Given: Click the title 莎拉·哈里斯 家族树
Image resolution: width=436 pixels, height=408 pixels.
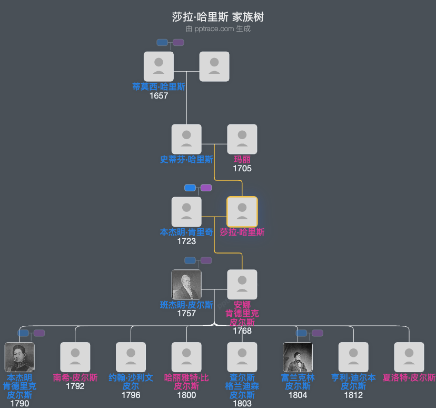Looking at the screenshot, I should click(217, 17).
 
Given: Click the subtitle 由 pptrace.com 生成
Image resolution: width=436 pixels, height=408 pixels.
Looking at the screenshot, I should click(217, 29).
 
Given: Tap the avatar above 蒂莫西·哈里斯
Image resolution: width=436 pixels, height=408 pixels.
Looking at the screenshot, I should click(158, 66).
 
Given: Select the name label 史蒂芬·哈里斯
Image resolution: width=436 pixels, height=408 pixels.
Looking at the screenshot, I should click(186, 159).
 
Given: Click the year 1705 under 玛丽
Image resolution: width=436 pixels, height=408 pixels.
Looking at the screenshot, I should click(242, 169).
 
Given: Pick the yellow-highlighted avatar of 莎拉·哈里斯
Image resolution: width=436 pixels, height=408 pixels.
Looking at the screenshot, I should click(242, 212).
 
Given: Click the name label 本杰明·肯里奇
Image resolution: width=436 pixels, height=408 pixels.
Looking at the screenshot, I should click(186, 232).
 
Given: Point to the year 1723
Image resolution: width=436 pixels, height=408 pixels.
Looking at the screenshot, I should click(186, 241).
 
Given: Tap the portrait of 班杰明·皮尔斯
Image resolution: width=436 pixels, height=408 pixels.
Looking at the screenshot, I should click(186, 285).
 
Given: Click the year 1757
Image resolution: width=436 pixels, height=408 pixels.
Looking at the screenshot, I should click(186, 313).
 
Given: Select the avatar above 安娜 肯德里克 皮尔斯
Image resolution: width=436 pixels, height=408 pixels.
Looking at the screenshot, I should click(242, 285).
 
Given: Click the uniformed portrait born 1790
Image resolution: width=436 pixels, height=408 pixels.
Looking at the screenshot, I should click(19, 357).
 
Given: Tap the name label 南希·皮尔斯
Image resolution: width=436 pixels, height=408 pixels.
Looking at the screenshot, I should click(75, 377).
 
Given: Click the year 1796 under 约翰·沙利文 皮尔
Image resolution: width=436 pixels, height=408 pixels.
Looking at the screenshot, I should click(131, 395).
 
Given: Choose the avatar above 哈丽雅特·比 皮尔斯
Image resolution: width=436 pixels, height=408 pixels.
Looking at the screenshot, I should click(186, 357).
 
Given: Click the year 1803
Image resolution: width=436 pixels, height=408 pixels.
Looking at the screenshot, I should click(242, 403).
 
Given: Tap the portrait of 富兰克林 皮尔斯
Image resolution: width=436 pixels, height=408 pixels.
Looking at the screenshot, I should click(298, 357).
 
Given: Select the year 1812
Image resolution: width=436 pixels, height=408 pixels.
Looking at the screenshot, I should click(353, 395).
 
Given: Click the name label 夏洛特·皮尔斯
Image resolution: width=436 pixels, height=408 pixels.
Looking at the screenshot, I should click(409, 377).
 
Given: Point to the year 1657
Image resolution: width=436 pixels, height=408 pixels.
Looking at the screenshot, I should click(158, 95).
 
